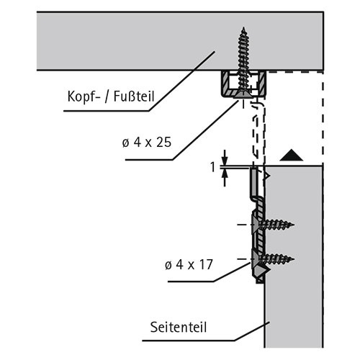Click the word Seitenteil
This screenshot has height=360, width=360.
coord(179,327)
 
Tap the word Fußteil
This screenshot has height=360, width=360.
coord(134,96)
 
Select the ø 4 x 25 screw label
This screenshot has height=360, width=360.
coord(147,143)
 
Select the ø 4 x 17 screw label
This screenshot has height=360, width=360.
coord(189,265)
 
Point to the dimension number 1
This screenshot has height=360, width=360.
coord(212,167)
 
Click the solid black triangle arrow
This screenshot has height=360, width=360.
coord(292,156)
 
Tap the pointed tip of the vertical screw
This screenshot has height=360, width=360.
coord(244,27)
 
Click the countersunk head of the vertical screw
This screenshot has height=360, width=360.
coord(244,94)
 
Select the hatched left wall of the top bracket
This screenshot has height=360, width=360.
coord(225,82)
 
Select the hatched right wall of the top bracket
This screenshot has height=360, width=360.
coord(262,82)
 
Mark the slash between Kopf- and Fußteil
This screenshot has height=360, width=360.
coord(107,96)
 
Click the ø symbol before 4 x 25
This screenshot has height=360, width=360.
coord(125,143)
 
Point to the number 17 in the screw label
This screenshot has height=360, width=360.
coord(206,265)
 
